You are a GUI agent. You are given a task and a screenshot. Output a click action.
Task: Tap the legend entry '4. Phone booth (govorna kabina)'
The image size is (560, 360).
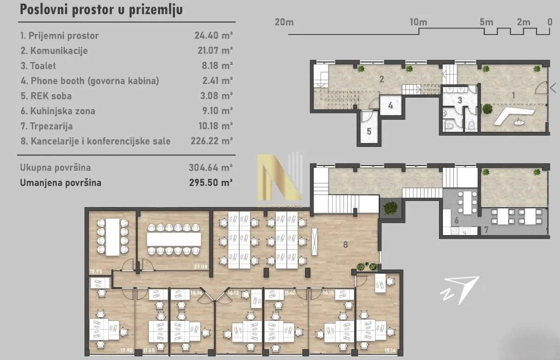tap(90, 81)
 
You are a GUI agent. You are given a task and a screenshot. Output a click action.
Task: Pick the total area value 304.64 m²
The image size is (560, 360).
tap(211, 167)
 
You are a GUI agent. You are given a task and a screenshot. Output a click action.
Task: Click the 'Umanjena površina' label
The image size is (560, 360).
tap(61, 182)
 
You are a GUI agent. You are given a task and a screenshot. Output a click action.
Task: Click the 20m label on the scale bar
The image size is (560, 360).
tap(284, 22)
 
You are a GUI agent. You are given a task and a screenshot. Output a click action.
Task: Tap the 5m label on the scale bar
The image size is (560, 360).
tap(486, 22)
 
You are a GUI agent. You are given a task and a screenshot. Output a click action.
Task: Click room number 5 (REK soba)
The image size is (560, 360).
tap(369, 131)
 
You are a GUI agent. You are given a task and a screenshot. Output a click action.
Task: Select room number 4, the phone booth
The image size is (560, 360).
tap(390, 105)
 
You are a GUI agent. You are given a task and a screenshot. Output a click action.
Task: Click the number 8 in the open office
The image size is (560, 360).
tap(346, 244)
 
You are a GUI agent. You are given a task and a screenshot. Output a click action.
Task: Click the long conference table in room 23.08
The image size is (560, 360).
tap(174, 239)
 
